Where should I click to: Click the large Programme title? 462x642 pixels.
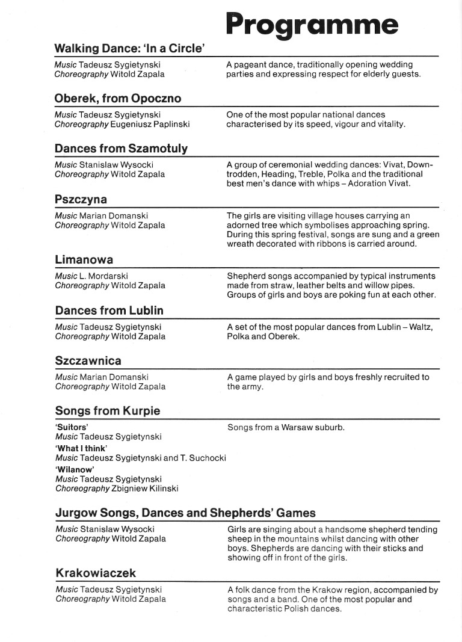pyautogui.click(x=312, y=25)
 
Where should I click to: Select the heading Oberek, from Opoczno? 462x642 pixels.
pyautogui.click(x=117, y=98)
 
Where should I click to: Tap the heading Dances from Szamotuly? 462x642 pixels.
pyautogui.click(x=121, y=149)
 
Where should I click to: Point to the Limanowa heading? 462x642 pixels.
pyautogui.click(x=84, y=260)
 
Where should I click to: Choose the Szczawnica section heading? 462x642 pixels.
pyautogui.click(x=88, y=361)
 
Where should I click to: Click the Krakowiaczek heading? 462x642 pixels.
pyautogui.click(x=96, y=573)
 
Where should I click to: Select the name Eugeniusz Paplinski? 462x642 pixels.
pyautogui.click(x=150, y=125)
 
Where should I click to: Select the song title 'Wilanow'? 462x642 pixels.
pyautogui.click(x=75, y=469)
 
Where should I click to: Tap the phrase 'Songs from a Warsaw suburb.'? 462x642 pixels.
pyautogui.click(x=286, y=428)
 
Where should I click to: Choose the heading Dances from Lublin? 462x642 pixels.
pyautogui.click(x=109, y=310)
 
